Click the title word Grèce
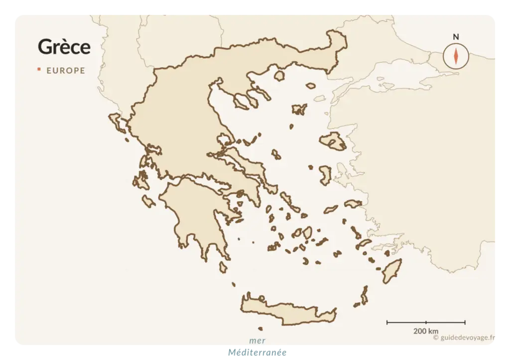tap(64, 47)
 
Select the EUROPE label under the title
tap(66, 71)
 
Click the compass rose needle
tap(456, 55)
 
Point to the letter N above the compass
tap(456, 37)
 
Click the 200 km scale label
tap(426, 331)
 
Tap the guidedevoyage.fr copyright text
tap(464, 337)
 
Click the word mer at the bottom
tap(257, 341)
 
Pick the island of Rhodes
tap(392, 270)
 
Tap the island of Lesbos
tap(333, 141)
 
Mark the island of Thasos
tap(279, 76)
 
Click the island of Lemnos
tap(300, 110)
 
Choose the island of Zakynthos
tap(148, 201)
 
